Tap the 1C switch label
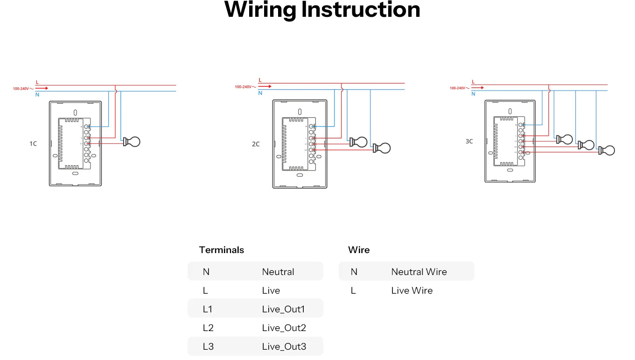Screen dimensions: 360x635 (33, 144)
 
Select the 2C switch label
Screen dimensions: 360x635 (256, 144)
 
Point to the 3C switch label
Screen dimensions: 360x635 (469, 141)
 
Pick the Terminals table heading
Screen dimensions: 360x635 (221, 250)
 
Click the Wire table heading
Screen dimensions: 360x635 (359, 250)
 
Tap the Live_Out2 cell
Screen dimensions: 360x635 (284, 328)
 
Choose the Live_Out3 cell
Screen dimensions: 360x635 (284, 346)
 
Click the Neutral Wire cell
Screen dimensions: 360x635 (419, 272)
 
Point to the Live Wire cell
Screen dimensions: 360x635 (412, 290)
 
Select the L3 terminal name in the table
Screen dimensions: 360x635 (208, 346)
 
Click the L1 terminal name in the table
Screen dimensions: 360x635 (208, 309)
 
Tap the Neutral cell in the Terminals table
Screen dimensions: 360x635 (278, 272)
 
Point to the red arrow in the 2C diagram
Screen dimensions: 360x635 (266, 86)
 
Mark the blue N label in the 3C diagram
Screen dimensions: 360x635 (473, 94)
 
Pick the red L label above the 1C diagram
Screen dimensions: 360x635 (37, 82)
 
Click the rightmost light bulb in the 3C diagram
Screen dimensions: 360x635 (607, 150)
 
